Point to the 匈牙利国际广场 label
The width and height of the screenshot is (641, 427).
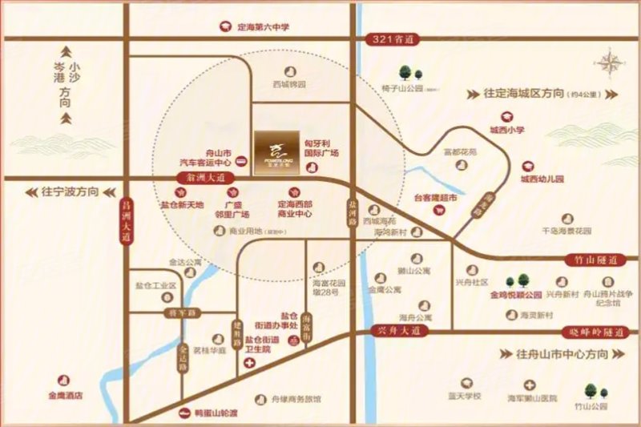point(321,147)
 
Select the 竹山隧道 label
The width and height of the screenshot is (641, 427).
point(605,261)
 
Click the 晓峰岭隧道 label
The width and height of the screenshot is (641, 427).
point(592,331)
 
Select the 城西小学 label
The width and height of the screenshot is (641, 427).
point(506,129)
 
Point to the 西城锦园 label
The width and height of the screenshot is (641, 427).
point(288,83)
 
